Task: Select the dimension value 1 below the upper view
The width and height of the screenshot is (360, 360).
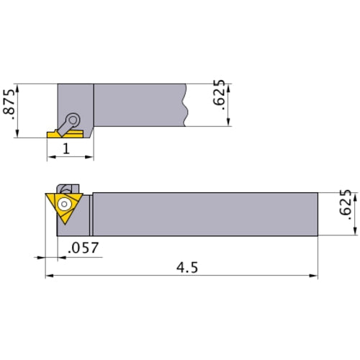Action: (66, 149)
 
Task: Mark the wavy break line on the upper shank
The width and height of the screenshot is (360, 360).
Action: (186, 105)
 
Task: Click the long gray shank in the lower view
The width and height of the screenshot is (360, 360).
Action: (205, 213)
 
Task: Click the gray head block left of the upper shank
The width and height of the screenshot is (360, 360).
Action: (75, 101)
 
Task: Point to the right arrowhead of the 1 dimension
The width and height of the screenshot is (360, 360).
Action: (91, 157)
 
